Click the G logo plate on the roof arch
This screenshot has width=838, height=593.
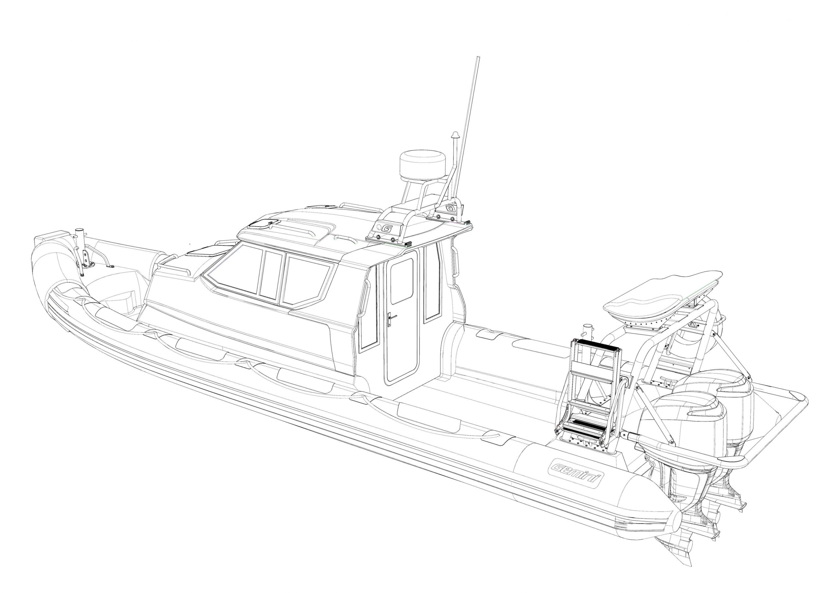(387, 229)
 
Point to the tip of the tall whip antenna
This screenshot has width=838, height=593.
(478, 57)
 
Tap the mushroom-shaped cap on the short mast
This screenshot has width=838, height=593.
(454, 135)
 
